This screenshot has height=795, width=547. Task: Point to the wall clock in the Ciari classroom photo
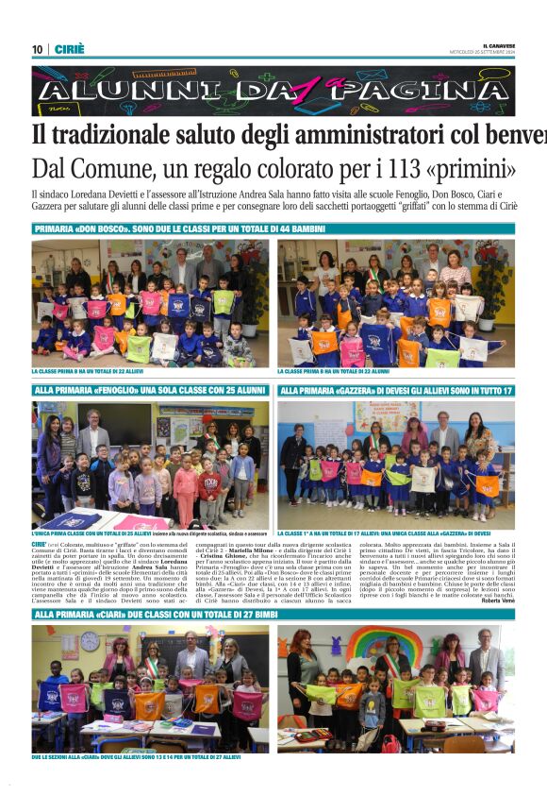(x=91, y=640)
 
